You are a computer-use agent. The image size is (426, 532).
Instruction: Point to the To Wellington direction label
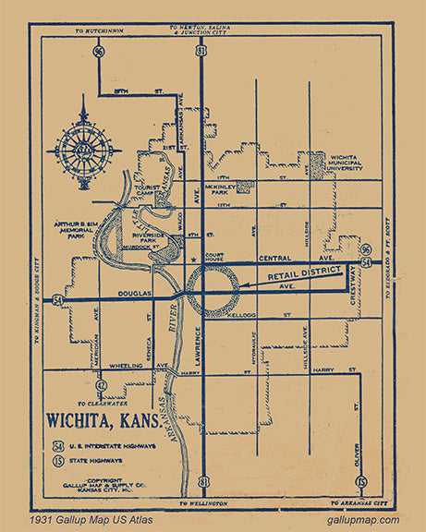[199, 504]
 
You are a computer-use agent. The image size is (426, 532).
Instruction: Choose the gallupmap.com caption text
[363, 521]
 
